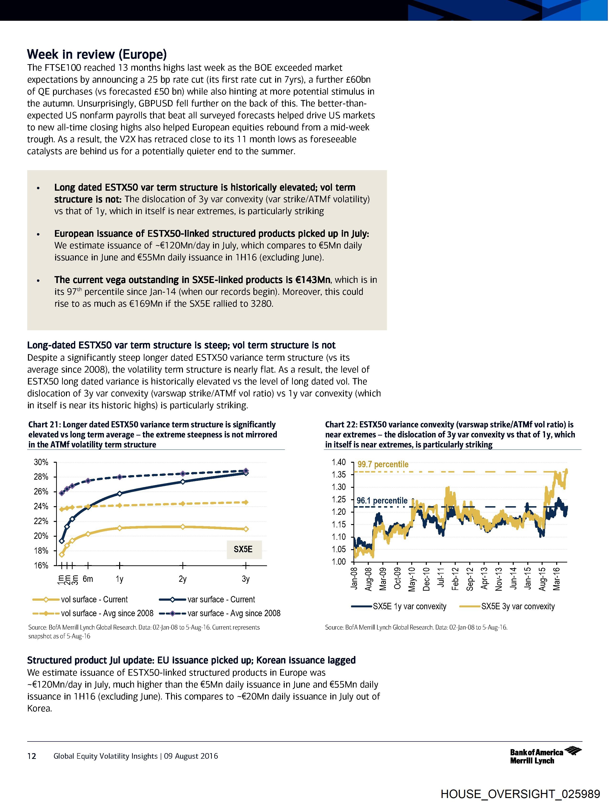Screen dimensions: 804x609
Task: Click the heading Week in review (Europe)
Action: [x=97, y=54]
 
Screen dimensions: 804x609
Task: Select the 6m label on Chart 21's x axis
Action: [x=88, y=579]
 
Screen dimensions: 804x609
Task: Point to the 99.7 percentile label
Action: [x=383, y=464]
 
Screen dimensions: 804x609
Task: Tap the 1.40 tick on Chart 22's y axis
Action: [x=338, y=462]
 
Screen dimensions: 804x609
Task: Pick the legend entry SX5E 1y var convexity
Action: [x=409, y=606]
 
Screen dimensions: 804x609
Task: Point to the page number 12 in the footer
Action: [x=32, y=756]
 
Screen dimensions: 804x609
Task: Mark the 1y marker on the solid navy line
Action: [x=120, y=493]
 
